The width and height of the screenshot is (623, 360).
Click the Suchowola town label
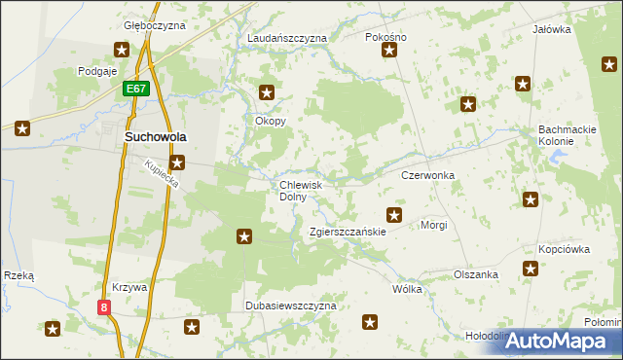[x=156, y=138]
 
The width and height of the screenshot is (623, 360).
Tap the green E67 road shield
[x=135, y=89]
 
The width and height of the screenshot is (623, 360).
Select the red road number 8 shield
[x=104, y=306]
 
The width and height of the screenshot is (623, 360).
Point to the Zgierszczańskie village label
[x=348, y=233]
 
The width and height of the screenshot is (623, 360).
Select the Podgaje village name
[x=97, y=71]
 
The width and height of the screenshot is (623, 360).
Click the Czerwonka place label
[x=428, y=175]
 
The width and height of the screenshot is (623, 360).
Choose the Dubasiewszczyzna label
[x=290, y=305]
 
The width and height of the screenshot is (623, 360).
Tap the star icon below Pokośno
[x=389, y=50]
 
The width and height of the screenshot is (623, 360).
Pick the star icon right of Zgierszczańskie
[x=394, y=215]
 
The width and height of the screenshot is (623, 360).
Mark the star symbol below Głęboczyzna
[x=122, y=50]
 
